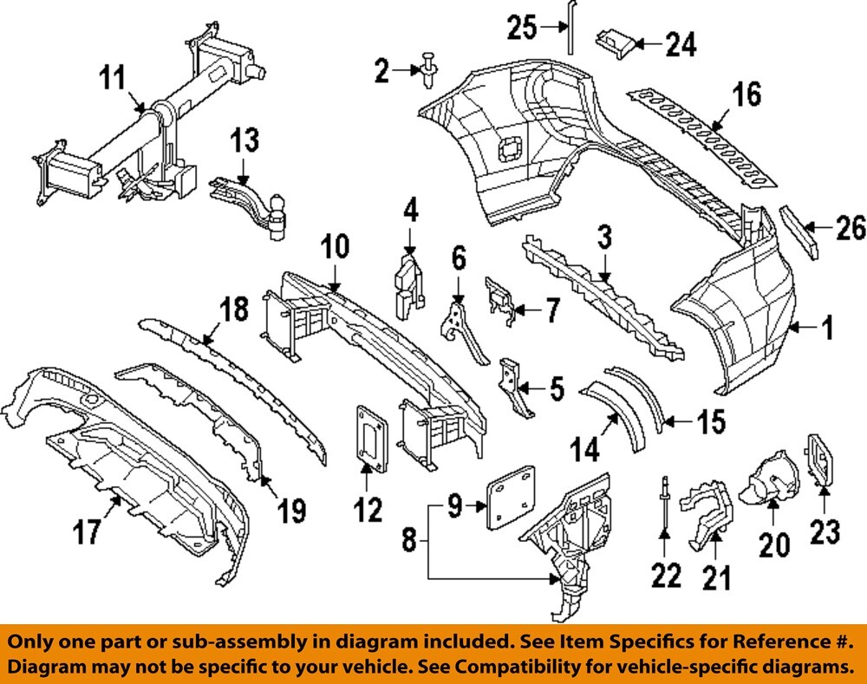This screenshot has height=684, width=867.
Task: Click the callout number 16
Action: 746,94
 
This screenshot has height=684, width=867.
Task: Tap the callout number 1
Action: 827,328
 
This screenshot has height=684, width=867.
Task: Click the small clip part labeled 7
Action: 499,297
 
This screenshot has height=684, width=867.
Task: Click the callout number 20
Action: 773,544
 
